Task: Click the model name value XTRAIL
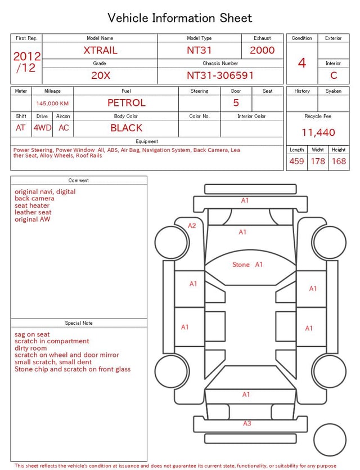click(x=100, y=50)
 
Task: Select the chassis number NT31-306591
click(x=220, y=75)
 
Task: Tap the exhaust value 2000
click(x=262, y=50)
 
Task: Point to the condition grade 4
click(x=302, y=63)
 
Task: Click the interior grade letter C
click(x=334, y=75)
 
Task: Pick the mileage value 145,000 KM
click(x=52, y=104)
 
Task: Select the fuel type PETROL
click(x=127, y=103)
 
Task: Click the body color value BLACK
click(x=127, y=128)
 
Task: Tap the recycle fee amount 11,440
click(x=318, y=132)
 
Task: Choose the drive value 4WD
click(x=42, y=128)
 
